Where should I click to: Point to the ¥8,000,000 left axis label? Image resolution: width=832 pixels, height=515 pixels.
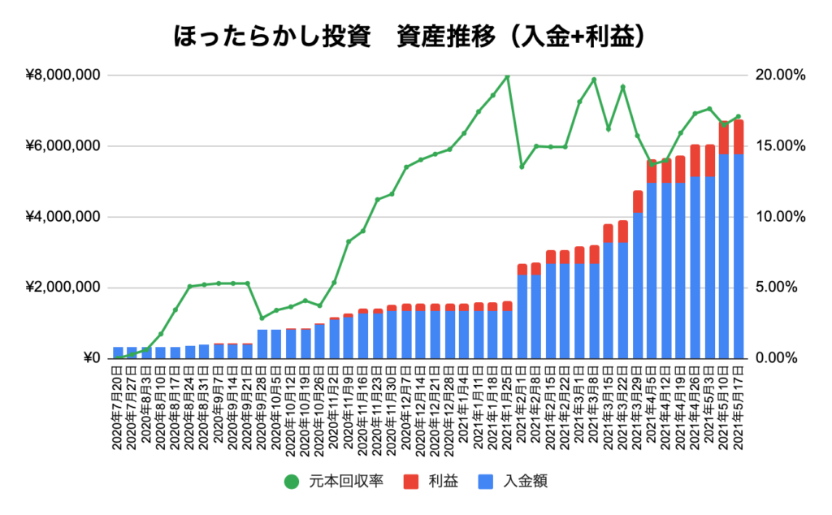click(63, 76)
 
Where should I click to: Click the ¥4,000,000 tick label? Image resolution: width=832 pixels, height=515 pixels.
click(63, 217)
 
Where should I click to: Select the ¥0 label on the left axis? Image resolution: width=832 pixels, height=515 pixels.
click(90, 358)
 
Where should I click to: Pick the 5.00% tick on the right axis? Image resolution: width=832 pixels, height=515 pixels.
click(782, 288)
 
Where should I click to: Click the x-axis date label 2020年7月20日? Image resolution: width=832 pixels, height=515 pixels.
click(119, 406)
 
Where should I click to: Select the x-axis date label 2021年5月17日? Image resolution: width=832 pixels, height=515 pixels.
click(739, 406)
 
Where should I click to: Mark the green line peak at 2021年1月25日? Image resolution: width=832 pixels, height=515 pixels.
click(507, 77)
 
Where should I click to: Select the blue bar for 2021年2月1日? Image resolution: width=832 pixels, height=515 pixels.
click(522, 317)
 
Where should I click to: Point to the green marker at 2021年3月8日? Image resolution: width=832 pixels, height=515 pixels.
click(594, 80)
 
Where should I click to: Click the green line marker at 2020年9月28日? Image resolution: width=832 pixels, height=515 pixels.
click(262, 318)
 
